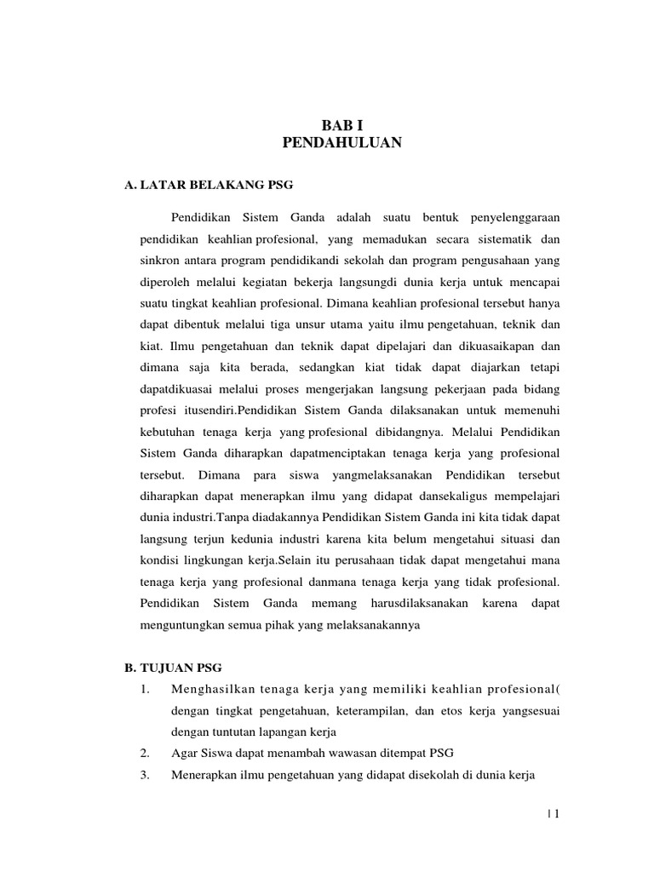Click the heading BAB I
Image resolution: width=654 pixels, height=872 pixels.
point(341,124)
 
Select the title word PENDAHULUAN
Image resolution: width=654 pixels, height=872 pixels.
point(341,143)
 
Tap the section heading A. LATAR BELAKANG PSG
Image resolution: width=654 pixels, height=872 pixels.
point(208,184)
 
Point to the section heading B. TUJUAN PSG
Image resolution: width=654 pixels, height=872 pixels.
point(173,668)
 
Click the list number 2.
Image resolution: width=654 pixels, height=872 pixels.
point(144,753)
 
